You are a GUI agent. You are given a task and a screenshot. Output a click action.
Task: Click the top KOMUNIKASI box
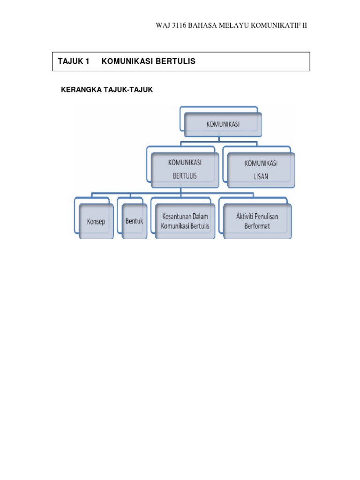223,124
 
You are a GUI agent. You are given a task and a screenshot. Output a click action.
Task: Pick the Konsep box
96,221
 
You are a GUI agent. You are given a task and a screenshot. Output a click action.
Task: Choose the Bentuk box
134,221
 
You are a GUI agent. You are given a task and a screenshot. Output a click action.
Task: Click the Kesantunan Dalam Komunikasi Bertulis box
185,221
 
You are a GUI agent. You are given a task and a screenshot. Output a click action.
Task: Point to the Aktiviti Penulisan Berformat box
257,221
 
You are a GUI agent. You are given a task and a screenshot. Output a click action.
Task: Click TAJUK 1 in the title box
73,61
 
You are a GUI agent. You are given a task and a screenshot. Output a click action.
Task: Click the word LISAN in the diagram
261,176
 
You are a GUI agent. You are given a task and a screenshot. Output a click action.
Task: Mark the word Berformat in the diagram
257,226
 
